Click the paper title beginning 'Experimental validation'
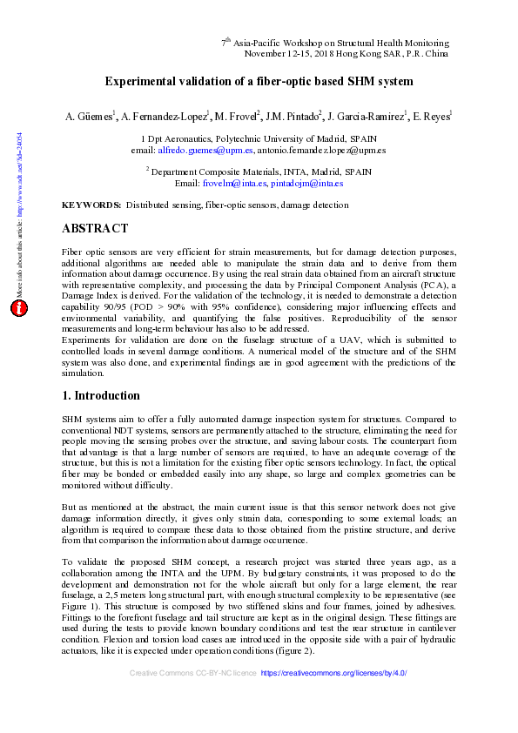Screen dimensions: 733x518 coord(259,82)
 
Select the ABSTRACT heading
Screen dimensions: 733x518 coord(96,230)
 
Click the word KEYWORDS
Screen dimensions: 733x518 coord(91,205)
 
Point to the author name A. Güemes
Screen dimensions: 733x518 coord(90,115)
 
